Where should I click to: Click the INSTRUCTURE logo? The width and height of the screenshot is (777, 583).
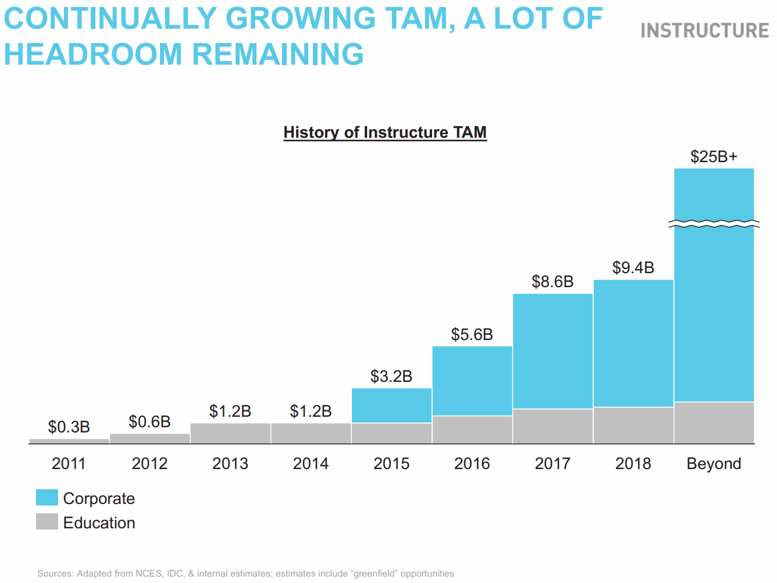click(x=704, y=30)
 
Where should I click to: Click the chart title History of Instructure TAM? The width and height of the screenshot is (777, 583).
click(x=385, y=133)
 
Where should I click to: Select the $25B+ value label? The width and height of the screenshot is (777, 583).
click(x=714, y=156)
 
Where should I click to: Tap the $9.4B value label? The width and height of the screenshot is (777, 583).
click(x=633, y=267)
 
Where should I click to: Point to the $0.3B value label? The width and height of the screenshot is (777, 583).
click(x=69, y=427)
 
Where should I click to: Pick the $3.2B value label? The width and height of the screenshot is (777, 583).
click(x=391, y=377)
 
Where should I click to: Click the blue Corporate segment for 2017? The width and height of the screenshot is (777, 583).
click(x=553, y=351)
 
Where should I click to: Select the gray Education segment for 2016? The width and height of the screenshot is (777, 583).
click(x=472, y=430)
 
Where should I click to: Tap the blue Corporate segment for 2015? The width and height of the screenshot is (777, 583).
click(x=391, y=405)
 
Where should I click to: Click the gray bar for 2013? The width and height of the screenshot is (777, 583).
click(x=230, y=433)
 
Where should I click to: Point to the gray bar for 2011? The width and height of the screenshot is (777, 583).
click(x=69, y=441)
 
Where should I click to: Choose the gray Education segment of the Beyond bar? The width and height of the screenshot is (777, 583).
click(x=714, y=423)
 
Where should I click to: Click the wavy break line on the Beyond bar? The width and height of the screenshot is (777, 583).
click(x=714, y=224)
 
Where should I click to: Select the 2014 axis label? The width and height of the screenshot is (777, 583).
click(x=311, y=464)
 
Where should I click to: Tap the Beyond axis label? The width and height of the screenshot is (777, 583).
click(x=714, y=464)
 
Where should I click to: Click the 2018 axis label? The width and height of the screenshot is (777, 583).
click(x=633, y=464)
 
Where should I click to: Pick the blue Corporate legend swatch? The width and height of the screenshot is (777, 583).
click(x=47, y=498)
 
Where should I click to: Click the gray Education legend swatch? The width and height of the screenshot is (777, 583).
click(x=47, y=521)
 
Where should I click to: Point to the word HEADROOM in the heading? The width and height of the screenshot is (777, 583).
click(x=94, y=55)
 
